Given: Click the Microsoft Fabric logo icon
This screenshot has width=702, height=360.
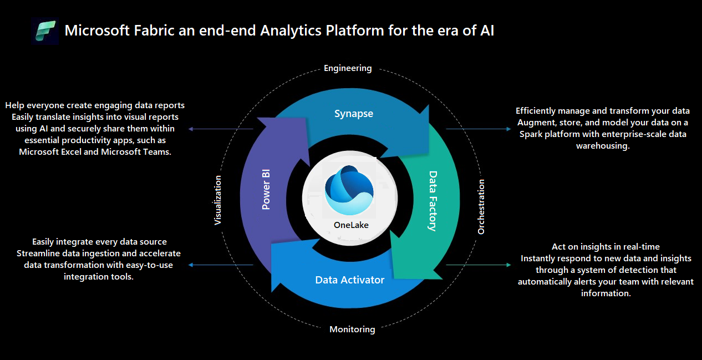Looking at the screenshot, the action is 45,31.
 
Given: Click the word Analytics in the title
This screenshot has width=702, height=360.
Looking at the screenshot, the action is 291,31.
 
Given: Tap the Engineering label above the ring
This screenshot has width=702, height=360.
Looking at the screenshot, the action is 348,68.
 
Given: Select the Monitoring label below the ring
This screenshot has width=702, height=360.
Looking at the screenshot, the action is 352,329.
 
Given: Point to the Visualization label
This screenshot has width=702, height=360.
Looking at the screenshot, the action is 217,200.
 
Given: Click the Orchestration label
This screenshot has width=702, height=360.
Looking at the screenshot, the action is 481,207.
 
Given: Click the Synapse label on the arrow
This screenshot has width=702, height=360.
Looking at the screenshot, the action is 354,114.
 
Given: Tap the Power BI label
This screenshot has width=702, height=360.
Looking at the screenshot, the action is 266,189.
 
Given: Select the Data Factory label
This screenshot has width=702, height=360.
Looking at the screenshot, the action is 433,201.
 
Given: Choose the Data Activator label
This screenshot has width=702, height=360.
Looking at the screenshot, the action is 349,280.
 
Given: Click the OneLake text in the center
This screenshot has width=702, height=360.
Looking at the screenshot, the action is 351,225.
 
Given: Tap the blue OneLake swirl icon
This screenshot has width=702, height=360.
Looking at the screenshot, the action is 349,190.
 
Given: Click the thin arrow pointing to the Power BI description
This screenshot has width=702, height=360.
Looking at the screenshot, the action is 221,129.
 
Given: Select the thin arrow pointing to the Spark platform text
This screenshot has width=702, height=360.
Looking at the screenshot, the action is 479,129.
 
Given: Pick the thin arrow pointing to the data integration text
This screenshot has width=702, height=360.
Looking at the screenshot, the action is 221,265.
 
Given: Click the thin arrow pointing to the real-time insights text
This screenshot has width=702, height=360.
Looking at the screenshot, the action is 479,265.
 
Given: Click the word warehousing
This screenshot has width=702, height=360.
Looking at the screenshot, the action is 603,146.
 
